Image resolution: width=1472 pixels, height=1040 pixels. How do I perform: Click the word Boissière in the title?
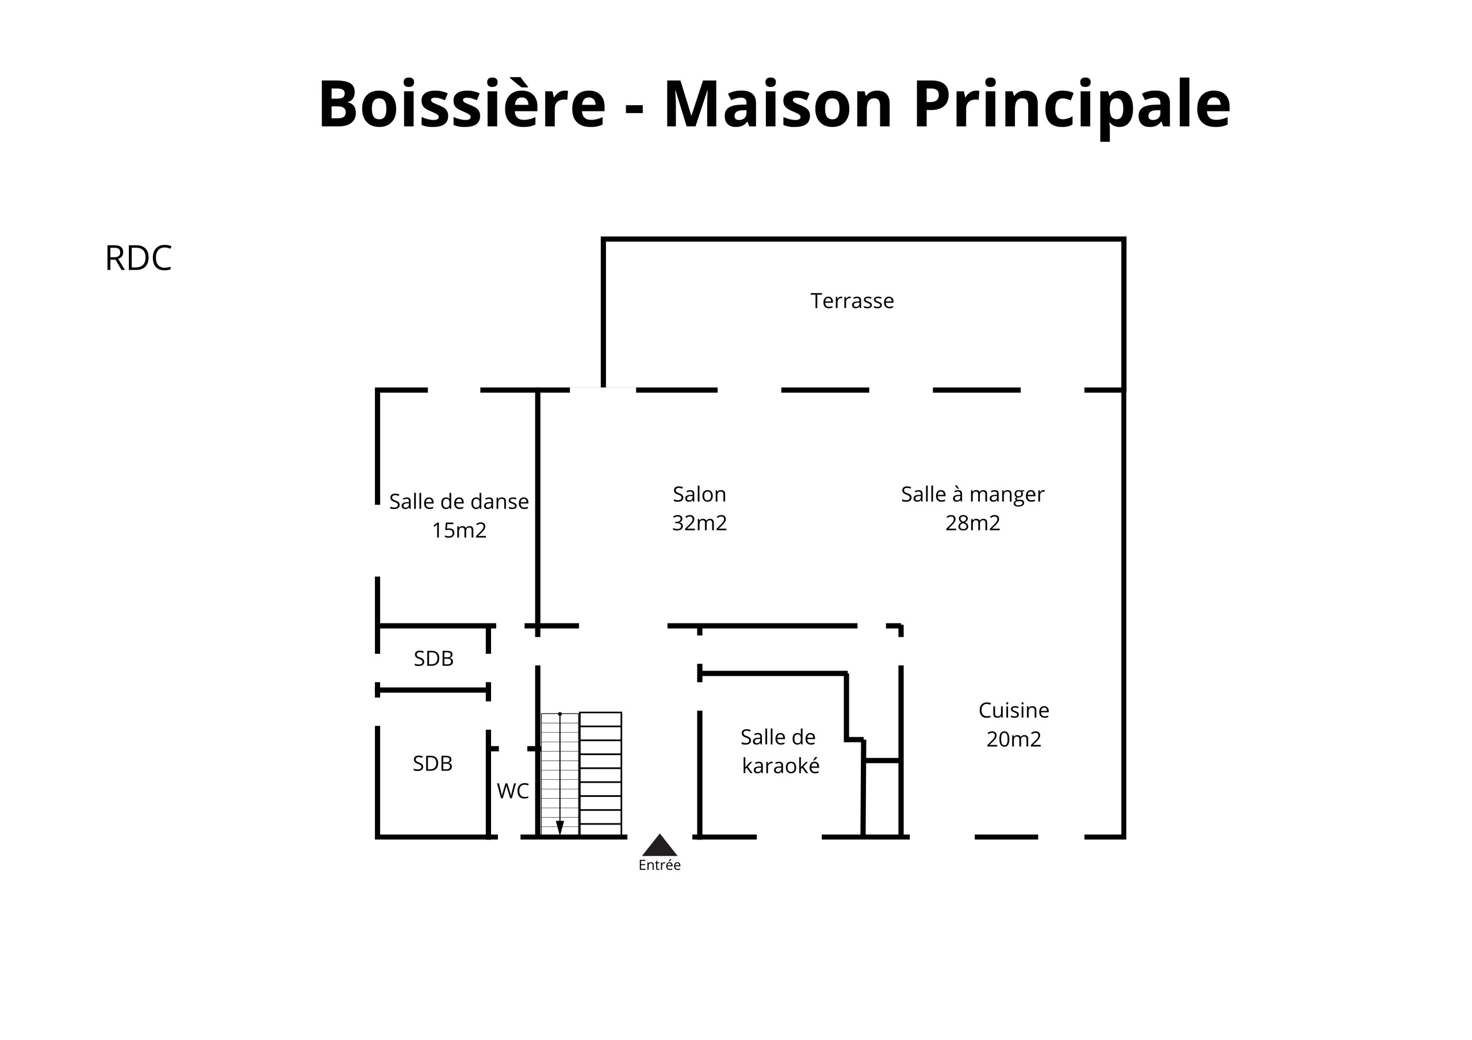click(x=462, y=104)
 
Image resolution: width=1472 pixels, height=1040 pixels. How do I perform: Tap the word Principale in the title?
click(x=1072, y=107)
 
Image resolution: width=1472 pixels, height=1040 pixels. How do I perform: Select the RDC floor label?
click(x=139, y=258)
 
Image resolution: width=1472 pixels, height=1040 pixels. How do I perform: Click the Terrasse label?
click(x=852, y=301)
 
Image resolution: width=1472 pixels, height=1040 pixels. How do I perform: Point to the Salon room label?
click(x=699, y=494)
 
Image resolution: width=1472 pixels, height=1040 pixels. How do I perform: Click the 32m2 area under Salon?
click(x=699, y=523)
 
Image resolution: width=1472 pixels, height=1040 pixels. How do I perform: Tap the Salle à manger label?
click(x=972, y=495)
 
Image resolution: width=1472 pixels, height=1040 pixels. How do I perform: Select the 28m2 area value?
click(x=972, y=523)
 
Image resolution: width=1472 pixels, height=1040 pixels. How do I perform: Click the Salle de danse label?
click(x=459, y=501)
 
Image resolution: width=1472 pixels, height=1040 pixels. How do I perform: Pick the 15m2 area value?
click(x=459, y=530)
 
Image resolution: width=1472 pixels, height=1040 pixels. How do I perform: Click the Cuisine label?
click(x=1014, y=710)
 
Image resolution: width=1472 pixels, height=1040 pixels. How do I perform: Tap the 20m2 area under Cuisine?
click(x=1014, y=739)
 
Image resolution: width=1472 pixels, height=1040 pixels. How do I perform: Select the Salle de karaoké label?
click(x=780, y=751)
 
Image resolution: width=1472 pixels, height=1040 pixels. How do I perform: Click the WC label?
click(x=513, y=791)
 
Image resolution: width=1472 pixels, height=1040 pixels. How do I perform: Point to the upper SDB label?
click(x=434, y=658)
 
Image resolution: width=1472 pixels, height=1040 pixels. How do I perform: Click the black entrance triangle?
click(x=660, y=846)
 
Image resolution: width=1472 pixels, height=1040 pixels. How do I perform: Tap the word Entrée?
click(x=660, y=865)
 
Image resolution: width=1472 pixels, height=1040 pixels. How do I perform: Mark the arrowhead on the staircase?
click(x=559, y=827)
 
